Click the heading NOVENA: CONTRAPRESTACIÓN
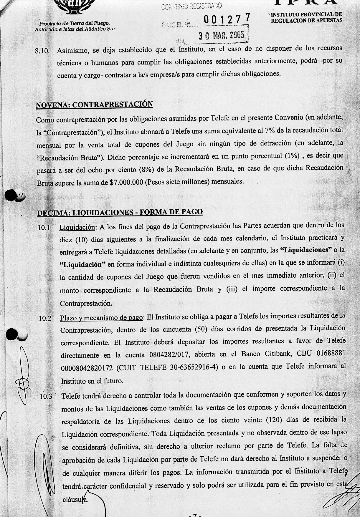pyautogui.click(x=94, y=105)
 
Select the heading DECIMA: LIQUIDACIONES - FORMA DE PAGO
pyautogui.click(x=120, y=212)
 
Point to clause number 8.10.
pyautogui.click(x=42, y=51)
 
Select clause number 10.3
pyautogui.click(x=46, y=396)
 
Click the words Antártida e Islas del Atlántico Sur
pyautogui.click(x=75, y=29)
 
